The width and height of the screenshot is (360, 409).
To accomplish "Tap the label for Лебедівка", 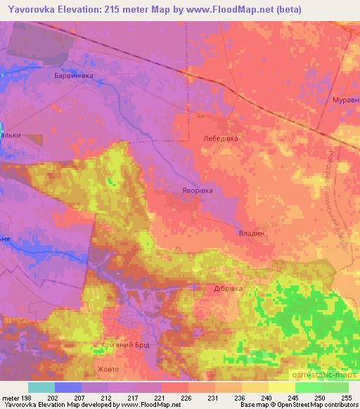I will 221,139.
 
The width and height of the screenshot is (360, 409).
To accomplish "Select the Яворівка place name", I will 195,190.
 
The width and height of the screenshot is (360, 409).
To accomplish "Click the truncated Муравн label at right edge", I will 345,100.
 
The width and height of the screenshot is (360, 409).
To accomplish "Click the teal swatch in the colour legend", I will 41,387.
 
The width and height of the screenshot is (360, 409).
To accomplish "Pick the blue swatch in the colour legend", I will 68,387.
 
